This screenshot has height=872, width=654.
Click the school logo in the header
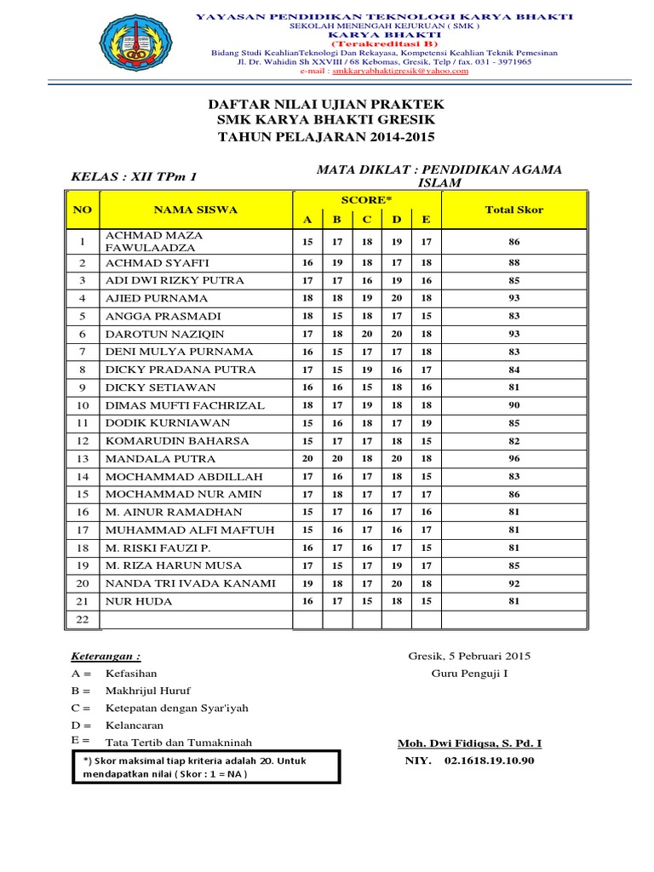point(141,43)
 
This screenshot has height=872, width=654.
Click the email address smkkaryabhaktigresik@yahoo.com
point(415,72)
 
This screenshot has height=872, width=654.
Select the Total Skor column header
point(513,209)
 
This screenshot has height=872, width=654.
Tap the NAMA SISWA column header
point(195,209)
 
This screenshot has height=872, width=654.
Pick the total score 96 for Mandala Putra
point(513,458)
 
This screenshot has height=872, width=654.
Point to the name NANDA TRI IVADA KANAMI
point(190,583)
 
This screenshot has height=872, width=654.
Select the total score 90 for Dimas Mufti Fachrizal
point(513,405)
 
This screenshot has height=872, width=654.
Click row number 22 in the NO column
point(83,620)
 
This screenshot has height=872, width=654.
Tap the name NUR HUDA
point(139,601)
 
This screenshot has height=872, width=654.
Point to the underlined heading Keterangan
point(106,657)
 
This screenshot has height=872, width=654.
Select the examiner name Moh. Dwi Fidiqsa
point(469,743)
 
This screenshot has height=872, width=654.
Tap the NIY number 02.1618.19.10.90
point(489,760)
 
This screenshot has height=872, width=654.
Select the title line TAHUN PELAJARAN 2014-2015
point(326,136)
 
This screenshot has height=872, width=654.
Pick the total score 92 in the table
point(513,583)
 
